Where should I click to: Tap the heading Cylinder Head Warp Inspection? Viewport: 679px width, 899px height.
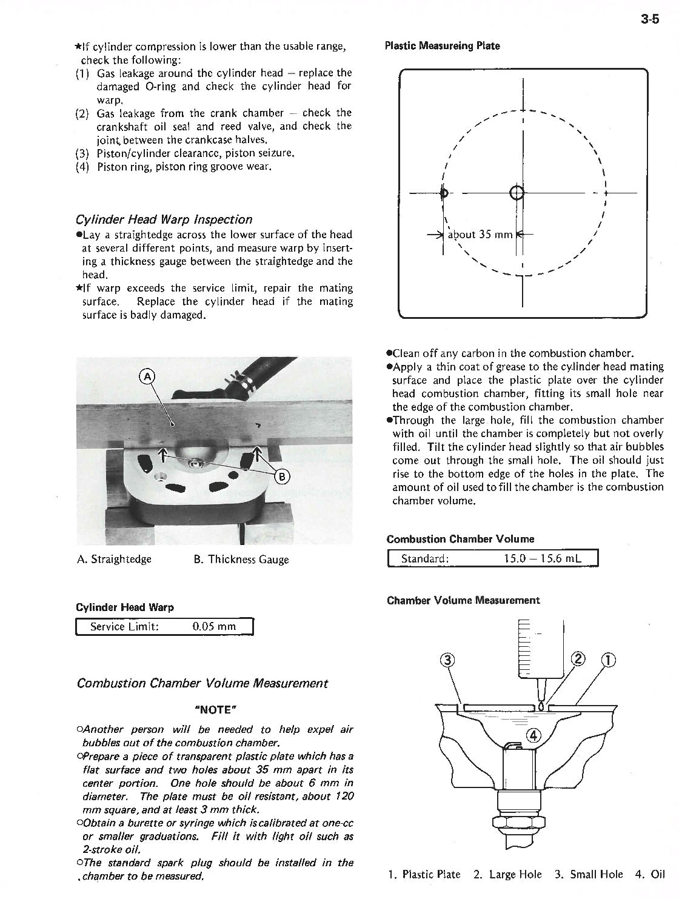[164, 219]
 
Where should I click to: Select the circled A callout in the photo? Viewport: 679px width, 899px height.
[147, 376]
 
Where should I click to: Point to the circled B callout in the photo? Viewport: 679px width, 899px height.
[283, 475]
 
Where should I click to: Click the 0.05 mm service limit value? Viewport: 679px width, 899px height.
[213, 626]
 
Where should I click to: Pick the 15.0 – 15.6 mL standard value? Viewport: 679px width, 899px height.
[542, 558]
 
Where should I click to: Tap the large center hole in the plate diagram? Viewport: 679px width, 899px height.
[517, 193]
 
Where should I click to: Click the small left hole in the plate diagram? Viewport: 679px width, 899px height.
[444, 193]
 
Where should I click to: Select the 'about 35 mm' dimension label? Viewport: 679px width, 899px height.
[480, 235]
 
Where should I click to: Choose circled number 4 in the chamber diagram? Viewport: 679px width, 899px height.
[533, 735]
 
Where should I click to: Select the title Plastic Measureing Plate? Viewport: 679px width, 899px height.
[443, 46]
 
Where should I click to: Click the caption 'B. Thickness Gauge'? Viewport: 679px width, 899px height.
[241, 559]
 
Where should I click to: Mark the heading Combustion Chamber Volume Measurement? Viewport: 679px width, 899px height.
[202, 683]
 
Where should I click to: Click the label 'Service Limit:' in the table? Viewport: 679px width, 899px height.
[124, 626]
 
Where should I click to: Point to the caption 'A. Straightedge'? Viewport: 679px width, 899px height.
[114, 559]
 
